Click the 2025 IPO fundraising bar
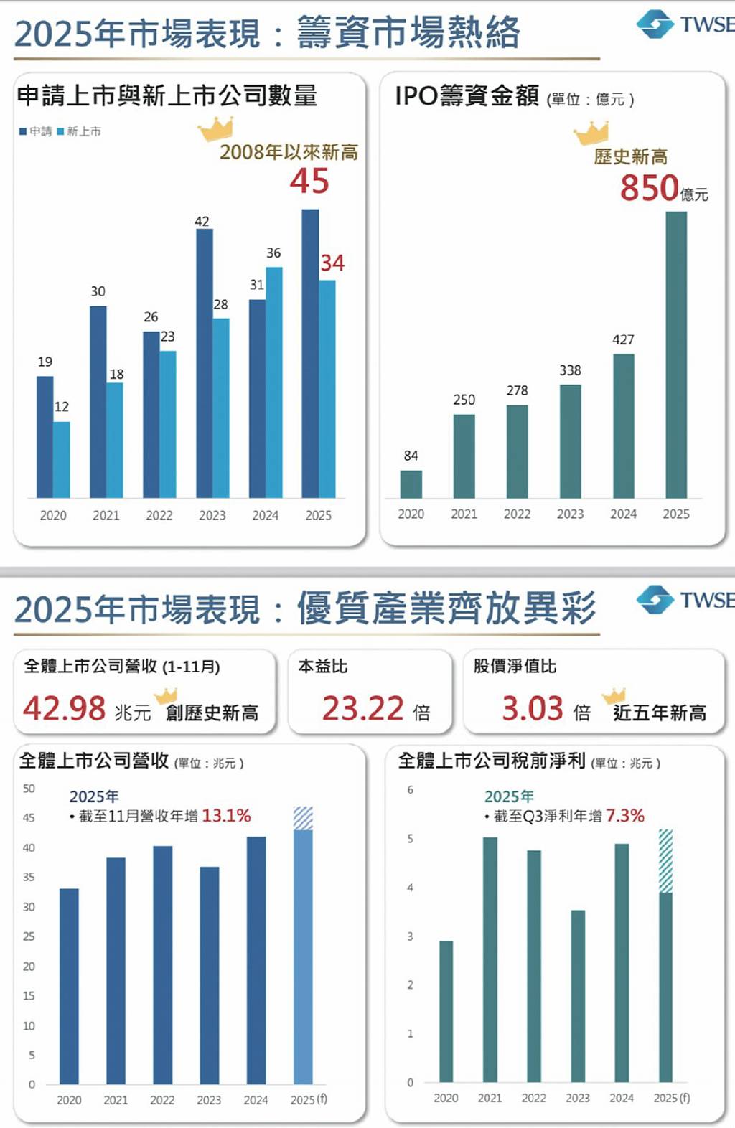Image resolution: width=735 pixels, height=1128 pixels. (x=675, y=354)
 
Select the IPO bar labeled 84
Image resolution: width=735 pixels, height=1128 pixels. (x=411, y=484)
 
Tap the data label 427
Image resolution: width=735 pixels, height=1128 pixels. (x=623, y=339)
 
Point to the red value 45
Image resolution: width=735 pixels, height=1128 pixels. (x=309, y=181)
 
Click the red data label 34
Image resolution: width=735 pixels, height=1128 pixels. (x=332, y=263)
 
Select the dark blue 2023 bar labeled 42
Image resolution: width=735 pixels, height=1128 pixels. (x=204, y=363)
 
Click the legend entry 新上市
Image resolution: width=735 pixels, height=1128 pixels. (x=80, y=131)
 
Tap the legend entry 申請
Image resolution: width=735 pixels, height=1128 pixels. (x=36, y=131)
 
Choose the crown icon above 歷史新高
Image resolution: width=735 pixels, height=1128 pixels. (x=591, y=133)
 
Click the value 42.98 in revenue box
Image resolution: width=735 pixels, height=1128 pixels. (x=65, y=709)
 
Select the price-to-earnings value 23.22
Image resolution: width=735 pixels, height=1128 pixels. (x=362, y=709)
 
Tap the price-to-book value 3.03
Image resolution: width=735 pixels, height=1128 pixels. (x=532, y=709)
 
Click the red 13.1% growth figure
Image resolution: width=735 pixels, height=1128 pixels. (x=226, y=816)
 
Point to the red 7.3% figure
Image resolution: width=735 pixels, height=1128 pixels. (x=624, y=816)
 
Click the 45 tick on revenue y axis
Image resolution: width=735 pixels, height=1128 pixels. (x=29, y=818)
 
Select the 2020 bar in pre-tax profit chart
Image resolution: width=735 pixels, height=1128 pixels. (x=446, y=1011)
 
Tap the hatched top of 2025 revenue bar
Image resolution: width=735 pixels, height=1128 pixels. (x=303, y=818)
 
